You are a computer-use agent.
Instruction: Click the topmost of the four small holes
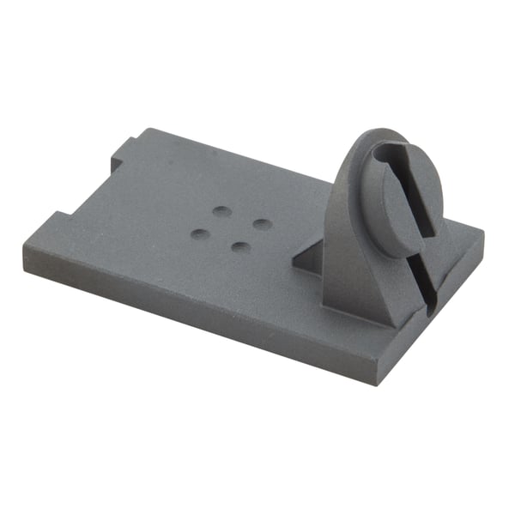(222, 210)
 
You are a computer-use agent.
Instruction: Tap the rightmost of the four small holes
(263, 224)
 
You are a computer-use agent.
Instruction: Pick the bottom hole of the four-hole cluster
(241, 248)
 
